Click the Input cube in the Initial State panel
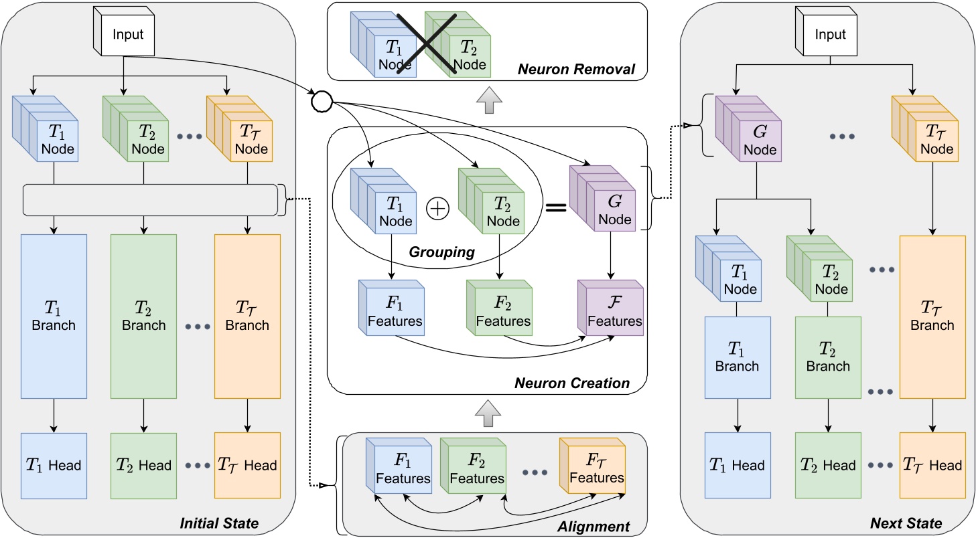coord(125,34)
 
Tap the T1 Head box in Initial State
coord(54,465)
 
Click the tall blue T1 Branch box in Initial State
coord(54,316)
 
